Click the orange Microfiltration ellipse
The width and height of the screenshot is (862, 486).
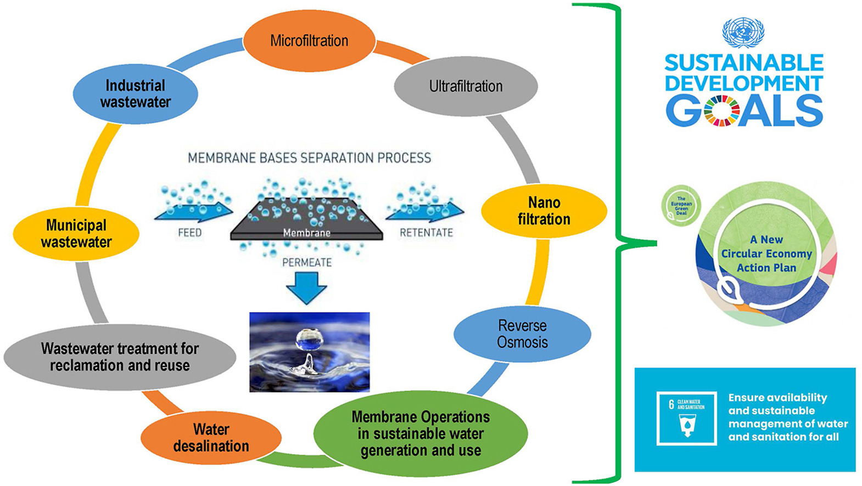(x=309, y=41)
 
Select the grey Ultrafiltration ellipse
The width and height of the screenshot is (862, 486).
(x=466, y=86)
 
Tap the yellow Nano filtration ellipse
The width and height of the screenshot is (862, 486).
(x=544, y=211)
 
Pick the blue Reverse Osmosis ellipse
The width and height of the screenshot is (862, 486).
(x=522, y=334)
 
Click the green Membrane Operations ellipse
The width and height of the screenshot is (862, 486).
(x=421, y=433)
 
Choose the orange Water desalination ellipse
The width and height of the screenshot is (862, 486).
(x=211, y=438)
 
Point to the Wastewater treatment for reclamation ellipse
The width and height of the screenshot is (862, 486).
(x=120, y=357)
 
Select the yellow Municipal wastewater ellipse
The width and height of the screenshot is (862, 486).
(x=76, y=234)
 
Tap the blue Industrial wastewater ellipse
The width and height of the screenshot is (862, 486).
(x=135, y=94)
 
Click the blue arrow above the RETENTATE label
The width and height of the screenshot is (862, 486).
(x=426, y=211)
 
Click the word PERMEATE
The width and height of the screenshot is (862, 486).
(x=306, y=263)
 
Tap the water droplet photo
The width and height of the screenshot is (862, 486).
(x=310, y=352)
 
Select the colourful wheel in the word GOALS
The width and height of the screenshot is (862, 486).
(x=722, y=111)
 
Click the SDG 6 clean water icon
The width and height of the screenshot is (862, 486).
(x=687, y=418)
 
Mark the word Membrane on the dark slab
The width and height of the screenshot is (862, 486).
(x=306, y=233)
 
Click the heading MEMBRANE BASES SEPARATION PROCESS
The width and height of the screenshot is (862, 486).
(x=309, y=159)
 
